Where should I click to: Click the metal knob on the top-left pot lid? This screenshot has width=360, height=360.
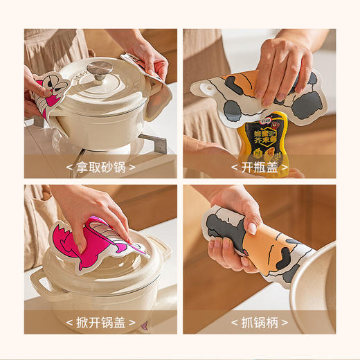tap(100, 68)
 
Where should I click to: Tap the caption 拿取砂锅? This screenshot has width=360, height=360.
tap(100, 167)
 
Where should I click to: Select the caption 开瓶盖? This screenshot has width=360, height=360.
tap(260, 167)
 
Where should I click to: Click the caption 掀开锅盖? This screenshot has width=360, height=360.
tap(100, 322)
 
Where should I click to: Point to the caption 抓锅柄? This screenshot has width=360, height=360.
tap(260, 322)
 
